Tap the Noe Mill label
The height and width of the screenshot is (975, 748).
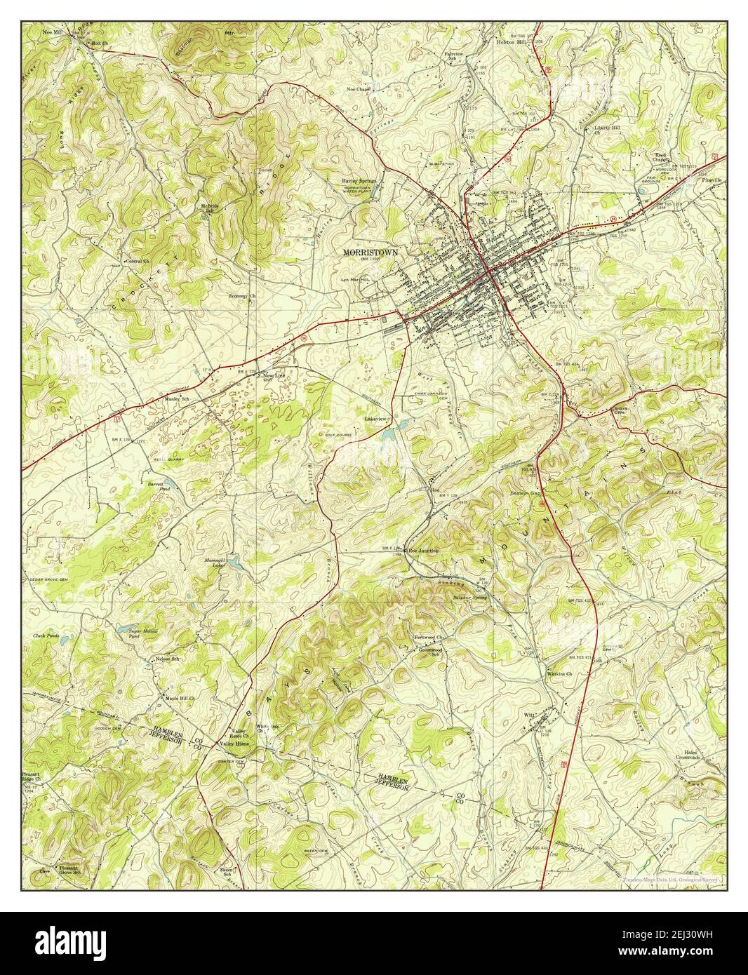52,32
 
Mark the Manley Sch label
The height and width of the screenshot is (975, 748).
177,398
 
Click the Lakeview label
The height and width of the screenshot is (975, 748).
375,418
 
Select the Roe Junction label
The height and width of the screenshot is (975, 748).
423,551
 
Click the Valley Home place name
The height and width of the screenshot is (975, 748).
234,743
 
